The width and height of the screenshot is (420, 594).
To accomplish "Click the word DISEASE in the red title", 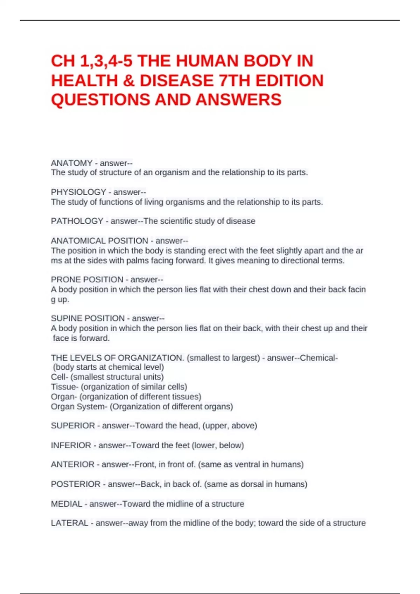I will pyautogui.click(x=176, y=81).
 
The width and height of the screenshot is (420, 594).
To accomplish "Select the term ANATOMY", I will pyautogui.click(x=71, y=163).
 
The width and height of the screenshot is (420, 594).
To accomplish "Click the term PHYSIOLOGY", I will pyautogui.click(x=78, y=192).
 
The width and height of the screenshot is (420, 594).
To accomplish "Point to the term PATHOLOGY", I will pyautogui.click(x=77, y=221).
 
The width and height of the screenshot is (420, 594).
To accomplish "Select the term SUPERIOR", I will pyautogui.click(x=73, y=426).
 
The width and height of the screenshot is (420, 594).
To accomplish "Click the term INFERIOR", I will pyautogui.click(x=71, y=445).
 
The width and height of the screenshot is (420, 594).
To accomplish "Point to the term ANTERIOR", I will pyautogui.click(x=72, y=464).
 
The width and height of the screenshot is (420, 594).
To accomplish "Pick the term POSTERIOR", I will pyautogui.click(x=76, y=484).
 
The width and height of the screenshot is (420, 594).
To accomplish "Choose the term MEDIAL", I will pyautogui.click(x=66, y=504).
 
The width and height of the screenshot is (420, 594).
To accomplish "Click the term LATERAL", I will pyautogui.click(x=69, y=523).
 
